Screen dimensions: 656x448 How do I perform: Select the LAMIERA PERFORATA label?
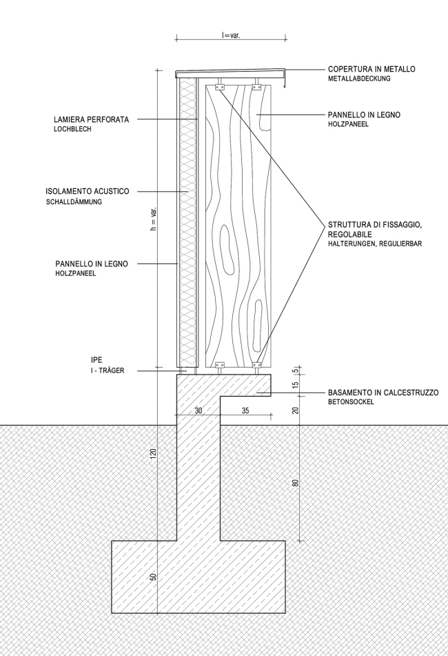tap(92, 119)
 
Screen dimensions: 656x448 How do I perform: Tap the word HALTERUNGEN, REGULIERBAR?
tap(375, 244)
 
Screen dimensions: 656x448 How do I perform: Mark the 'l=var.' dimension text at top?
tap(231, 34)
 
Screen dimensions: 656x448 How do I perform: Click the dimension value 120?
tap(154, 453)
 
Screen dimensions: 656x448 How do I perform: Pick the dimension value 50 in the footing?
tap(154, 576)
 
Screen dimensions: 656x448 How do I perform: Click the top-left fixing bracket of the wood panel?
tap(220, 88)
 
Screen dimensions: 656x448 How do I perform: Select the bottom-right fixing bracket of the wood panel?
tap(257, 364)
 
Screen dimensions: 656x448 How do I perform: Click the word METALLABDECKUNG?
tap(360, 79)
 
